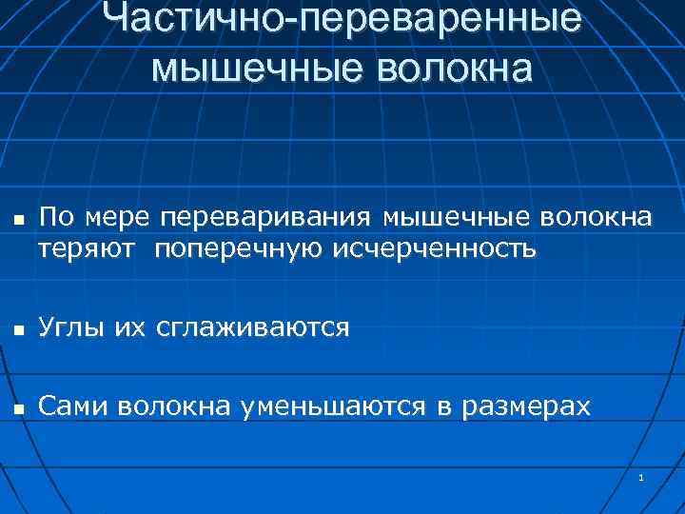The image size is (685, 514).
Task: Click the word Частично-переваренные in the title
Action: click(x=342, y=21)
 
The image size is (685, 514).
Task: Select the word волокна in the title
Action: click(x=456, y=69)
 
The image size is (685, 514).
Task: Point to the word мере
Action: click(x=118, y=218)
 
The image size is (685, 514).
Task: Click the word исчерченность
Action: click(x=434, y=248)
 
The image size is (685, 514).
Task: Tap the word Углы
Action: click(x=72, y=327)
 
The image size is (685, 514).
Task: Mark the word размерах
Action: click(x=526, y=407)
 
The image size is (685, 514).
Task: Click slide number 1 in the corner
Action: click(x=642, y=477)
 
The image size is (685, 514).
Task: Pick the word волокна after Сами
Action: click(x=177, y=407)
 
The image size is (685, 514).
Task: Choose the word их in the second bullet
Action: click(x=129, y=327)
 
